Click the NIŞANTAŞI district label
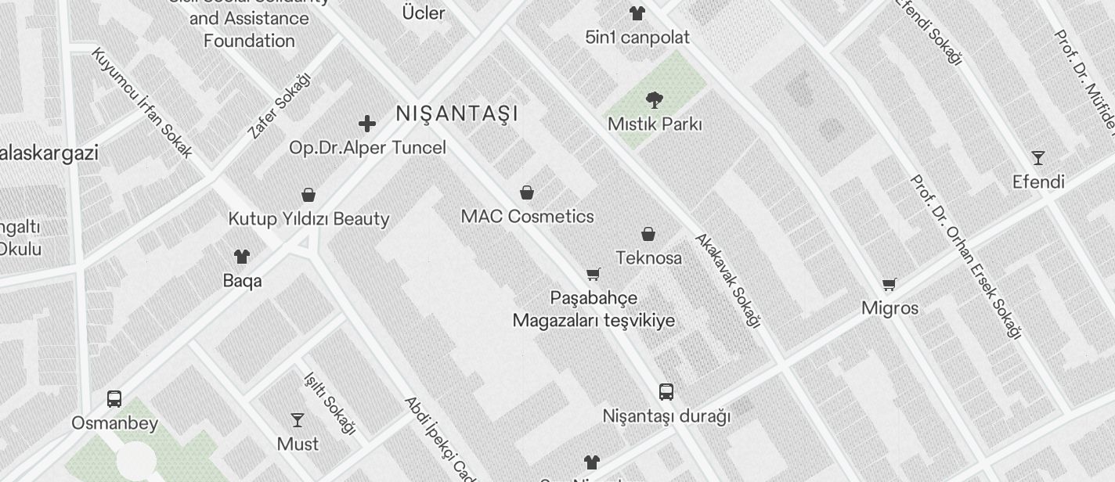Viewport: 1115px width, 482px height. [x=457, y=113]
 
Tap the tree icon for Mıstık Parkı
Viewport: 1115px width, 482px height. [x=654, y=99]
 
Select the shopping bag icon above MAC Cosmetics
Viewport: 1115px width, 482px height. [x=527, y=192]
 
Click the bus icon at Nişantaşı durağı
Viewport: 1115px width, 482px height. [x=666, y=392]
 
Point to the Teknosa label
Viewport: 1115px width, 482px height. [x=648, y=257]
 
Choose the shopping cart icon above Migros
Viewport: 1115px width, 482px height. [x=889, y=285]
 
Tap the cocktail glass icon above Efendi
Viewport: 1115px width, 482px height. [x=1037, y=158]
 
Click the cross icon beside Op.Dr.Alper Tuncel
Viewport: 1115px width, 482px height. [x=366, y=124]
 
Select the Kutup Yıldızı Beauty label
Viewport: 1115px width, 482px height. [x=309, y=218]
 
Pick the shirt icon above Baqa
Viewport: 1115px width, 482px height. [x=242, y=257]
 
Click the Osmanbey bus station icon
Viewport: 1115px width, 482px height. [x=114, y=399]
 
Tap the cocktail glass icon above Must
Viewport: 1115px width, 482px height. [x=298, y=420]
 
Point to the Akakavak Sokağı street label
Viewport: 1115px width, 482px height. [x=728, y=279]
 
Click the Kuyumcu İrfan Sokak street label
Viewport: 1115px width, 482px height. [x=142, y=103]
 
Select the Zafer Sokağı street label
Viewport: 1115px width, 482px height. [x=279, y=106]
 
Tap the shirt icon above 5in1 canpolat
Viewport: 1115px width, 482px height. [x=637, y=13]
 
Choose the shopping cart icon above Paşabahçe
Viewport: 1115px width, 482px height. [x=594, y=275]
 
